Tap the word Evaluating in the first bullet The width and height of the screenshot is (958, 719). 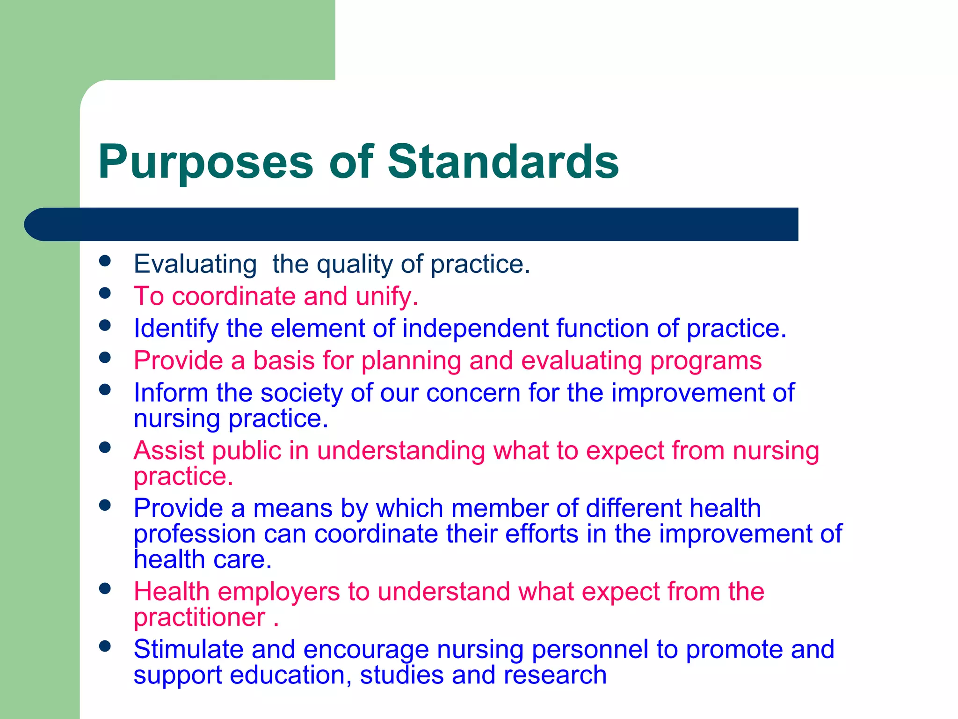pos(195,264)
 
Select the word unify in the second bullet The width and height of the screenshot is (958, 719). pos(386,297)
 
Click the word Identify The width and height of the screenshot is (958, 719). pos(176,329)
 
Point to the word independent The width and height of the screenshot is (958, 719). pos(475,329)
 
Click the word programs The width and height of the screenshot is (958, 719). pos(706,361)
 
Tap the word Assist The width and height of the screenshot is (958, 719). pos(169,451)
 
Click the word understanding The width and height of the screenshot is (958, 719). pos(401,451)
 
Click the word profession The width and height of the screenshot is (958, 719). pos(195,535)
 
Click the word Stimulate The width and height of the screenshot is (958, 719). pos(188,650)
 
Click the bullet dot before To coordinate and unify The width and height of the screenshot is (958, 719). pos(105,293)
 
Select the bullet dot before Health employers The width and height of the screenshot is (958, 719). pos(105,588)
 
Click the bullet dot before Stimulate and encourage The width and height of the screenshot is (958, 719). pos(105,646)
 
